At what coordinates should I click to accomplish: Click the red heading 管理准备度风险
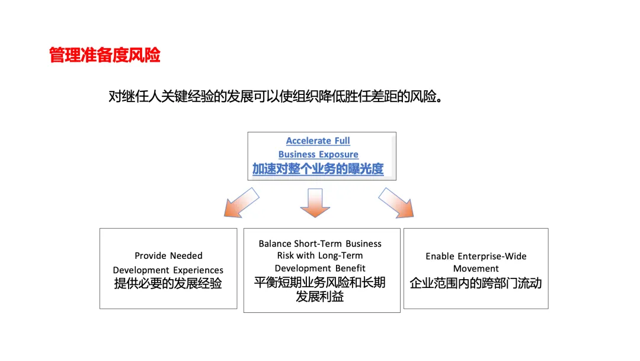[x=105, y=56]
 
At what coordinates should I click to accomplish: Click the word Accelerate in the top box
[x=308, y=141]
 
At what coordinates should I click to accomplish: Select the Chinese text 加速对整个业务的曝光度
[x=318, y=169]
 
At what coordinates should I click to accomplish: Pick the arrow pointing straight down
[x=315, y=203]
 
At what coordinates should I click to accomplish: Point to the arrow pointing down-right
[x=396, y=202]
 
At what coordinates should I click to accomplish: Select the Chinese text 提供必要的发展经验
[x=168, y=284]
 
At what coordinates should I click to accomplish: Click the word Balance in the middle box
[x=275, y=243]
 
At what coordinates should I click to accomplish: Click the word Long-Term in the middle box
[x=342, y=255]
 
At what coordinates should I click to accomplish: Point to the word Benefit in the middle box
[x=351, y=268]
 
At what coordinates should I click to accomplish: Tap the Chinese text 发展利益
[x=320, y=296]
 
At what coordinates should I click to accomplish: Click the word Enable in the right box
[x=440, y=256]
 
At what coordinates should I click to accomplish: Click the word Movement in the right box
[x=476, y=269]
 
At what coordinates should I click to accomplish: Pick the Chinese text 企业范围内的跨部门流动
[x=476, y=284]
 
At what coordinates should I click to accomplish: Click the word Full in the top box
[x=342, y=141]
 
